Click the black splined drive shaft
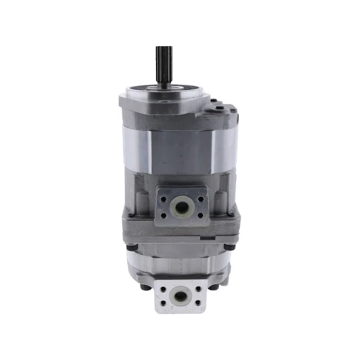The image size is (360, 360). (163, 62)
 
